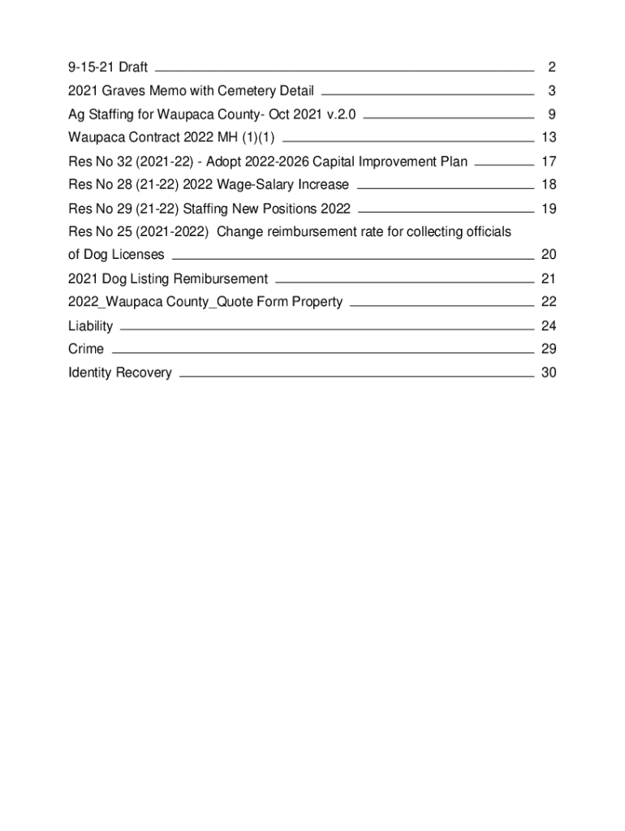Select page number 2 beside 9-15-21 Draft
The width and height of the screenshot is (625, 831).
[551, 67]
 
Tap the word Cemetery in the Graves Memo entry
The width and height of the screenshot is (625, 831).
[246, 91]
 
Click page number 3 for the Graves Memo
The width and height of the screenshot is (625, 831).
[551, 91]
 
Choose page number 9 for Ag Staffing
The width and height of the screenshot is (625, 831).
[551, 114]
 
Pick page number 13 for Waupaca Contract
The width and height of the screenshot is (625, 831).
[548, 138]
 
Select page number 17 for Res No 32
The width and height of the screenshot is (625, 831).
[548, 161]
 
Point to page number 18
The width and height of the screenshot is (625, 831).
[548, 185]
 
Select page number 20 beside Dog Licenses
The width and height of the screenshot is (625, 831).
[548, 255]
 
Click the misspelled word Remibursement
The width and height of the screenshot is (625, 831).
[218, 279]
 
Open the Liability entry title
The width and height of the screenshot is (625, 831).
[91, 326]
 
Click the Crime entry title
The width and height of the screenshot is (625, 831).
[86, 349]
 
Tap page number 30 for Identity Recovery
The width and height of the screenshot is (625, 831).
[548, 372]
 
